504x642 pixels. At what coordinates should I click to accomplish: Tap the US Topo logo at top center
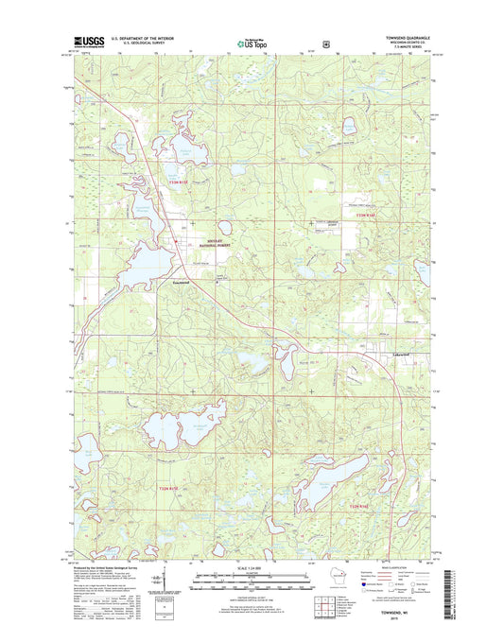click(251, 43)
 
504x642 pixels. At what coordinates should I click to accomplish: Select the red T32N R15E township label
click(165, 487)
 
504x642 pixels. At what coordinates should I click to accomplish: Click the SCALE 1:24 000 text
click(252, 567)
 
